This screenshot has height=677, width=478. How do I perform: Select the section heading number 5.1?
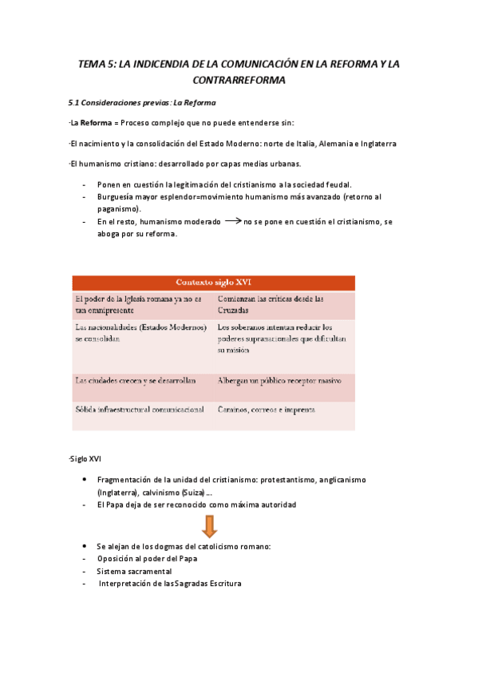76,103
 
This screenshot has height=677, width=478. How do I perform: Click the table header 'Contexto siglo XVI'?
214,283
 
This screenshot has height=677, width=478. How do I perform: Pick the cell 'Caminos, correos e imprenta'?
266,410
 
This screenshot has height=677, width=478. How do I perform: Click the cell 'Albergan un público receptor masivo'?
274,381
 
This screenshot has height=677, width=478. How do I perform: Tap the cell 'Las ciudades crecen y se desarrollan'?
135,381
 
